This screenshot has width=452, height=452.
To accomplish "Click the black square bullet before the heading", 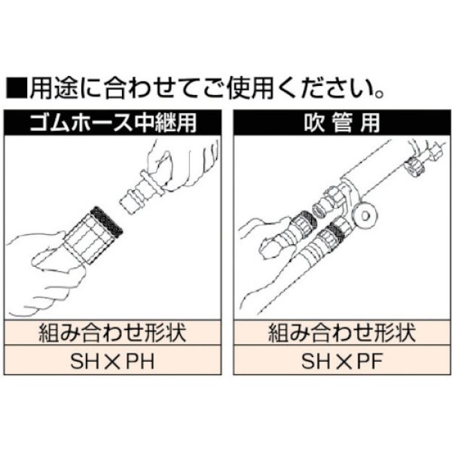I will (x=17, y=89).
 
